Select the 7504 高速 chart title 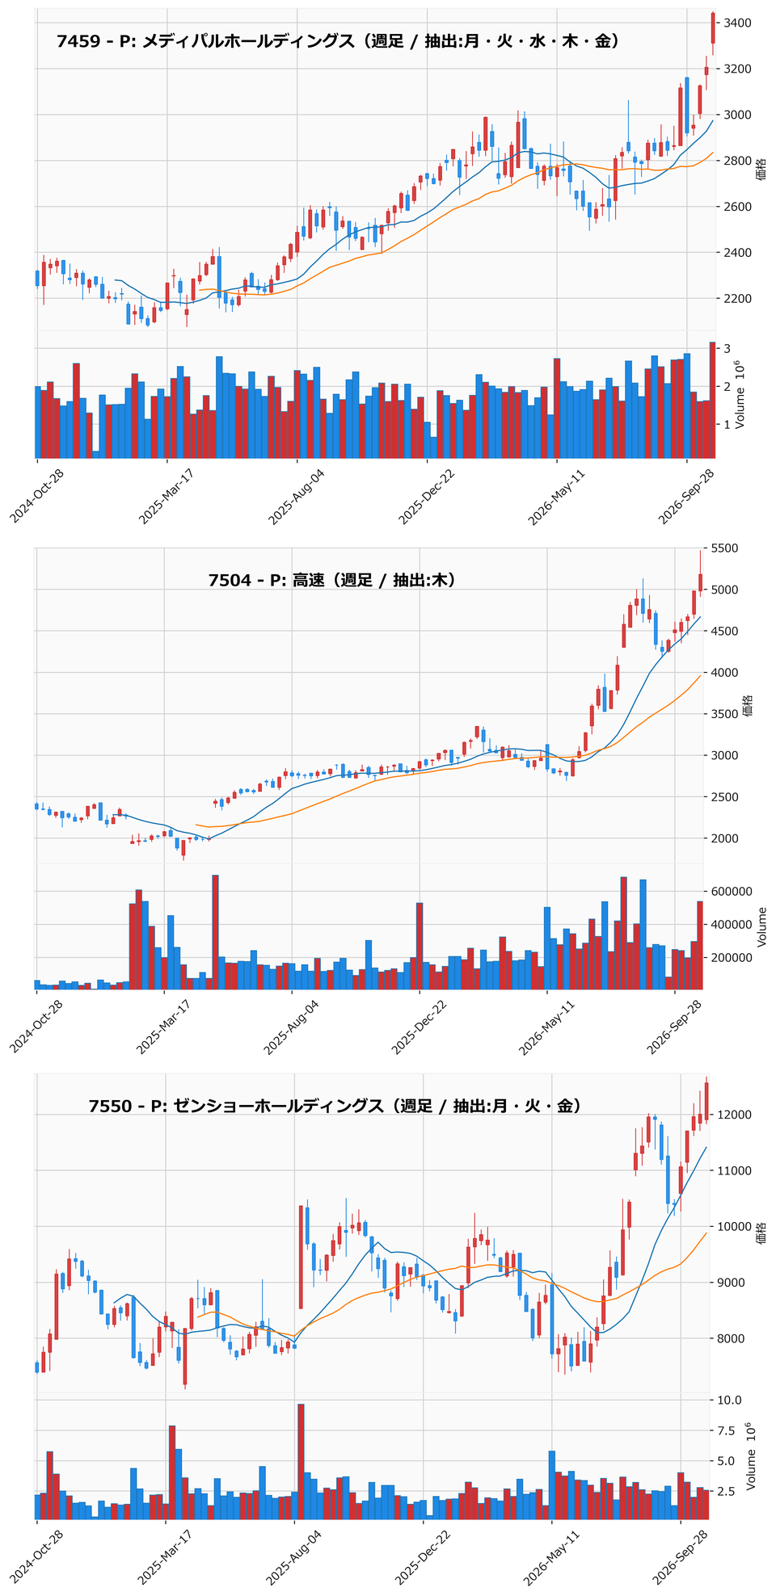click(331, 579)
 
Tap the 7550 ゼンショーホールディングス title click(335, 1106)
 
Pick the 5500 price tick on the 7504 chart click(727, 548)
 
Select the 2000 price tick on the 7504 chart click(727, 838)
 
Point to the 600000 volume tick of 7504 click(733, 891)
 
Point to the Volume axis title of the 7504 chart click(763, 926)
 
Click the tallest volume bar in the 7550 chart click(301, 1461)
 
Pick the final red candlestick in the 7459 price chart click(713, 27)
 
